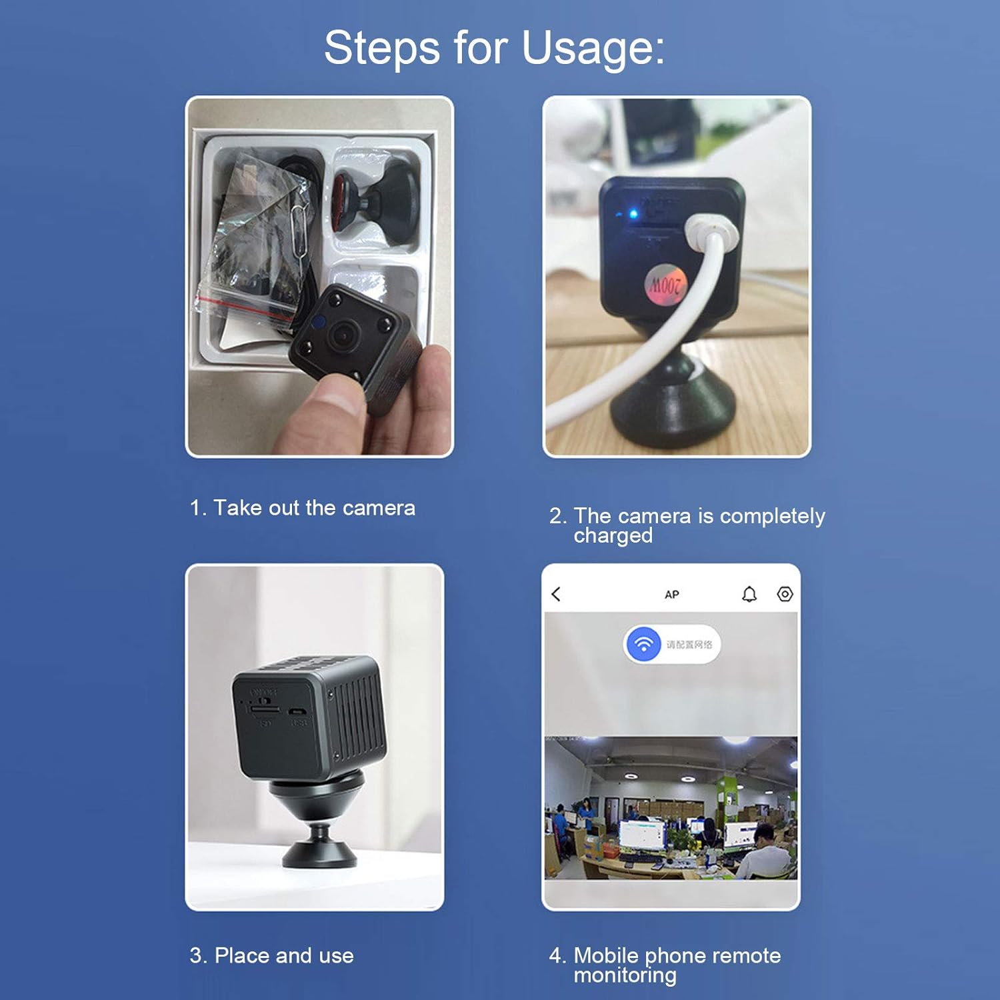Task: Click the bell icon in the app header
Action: [749, 594]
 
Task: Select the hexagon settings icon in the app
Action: [785, 594]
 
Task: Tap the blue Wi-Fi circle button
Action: [643, 645]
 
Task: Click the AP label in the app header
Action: [671, 595]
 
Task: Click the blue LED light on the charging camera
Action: [633, 214]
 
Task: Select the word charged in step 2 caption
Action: [613, 536]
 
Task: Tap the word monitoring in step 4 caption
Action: [625, 976]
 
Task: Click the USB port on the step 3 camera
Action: [297, 711]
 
